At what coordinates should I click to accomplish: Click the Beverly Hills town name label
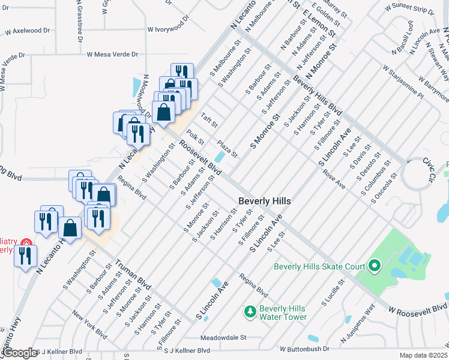click(x=265, y=201)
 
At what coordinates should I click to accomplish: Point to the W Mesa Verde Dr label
click(x=116, y=53)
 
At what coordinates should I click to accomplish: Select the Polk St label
click(x=196, y=137)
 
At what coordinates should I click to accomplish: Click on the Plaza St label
click(x=228, y=149)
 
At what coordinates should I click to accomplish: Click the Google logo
click(x=19, y=353)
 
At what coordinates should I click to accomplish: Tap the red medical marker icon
click(x=25, y=242)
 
